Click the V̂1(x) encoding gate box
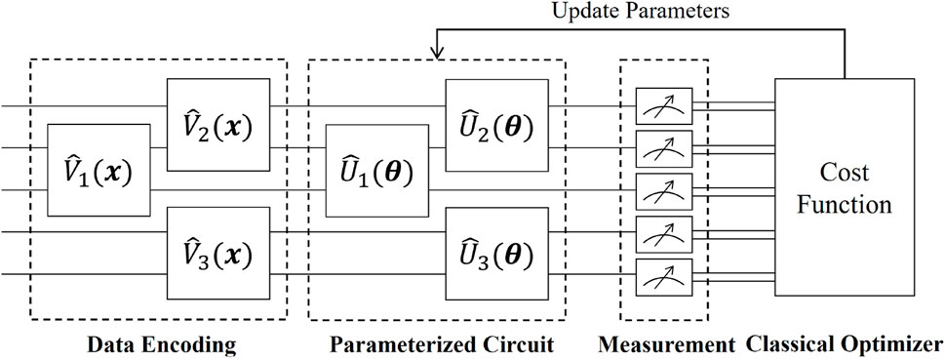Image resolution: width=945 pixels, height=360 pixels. tap(98, 171)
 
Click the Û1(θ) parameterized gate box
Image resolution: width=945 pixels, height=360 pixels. tap(376, 171)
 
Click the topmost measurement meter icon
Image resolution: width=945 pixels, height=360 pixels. tap(662, 102)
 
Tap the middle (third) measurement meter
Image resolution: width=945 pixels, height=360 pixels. tap(662, 188)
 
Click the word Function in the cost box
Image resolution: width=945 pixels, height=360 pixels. tap(853, 206)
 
